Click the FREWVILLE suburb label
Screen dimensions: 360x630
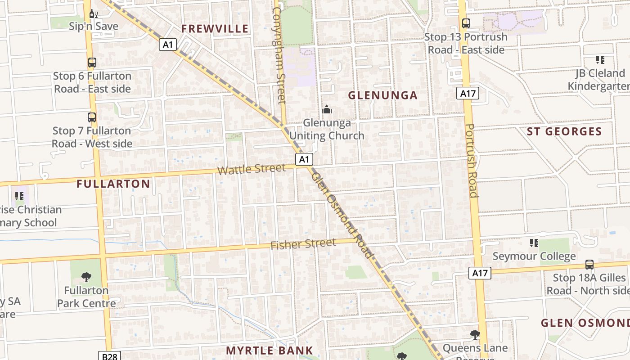[215, 29]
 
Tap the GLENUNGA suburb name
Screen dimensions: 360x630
[383, 95]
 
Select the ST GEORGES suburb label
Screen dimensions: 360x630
[564, 132]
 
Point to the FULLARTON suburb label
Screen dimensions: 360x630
[113, 184]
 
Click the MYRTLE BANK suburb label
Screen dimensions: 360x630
[269, 351]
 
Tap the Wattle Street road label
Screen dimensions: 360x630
[251, 169]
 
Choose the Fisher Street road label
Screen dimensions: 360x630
[303, 244]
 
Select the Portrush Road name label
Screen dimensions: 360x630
[471, 161]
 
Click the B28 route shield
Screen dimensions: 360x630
[109, 356]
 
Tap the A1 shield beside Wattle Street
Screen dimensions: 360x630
[304, 159]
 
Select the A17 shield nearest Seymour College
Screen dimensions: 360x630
[480, 273]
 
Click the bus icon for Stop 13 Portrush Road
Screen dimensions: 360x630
[466, 23]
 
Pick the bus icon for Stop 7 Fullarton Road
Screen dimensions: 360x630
[92, 117]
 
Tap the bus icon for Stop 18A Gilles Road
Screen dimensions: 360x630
[589, 265]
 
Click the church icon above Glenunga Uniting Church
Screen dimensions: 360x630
[327, 109]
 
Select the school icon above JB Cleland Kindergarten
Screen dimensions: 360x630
[599, 60]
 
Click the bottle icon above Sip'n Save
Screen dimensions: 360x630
[94, 13]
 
